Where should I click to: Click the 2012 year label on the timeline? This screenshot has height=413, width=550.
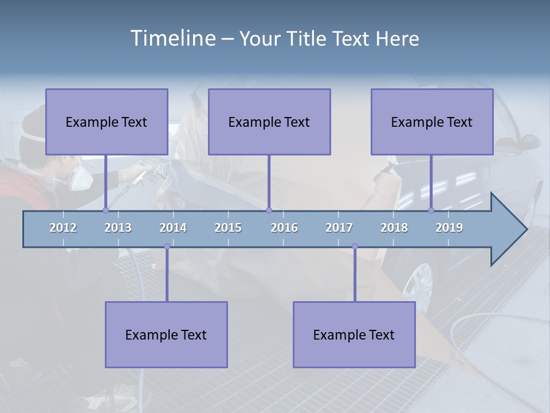click(x=63, y=228)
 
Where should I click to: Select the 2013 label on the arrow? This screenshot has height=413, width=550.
click(x=118, y=228)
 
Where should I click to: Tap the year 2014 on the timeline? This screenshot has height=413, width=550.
click(x=173, y=228)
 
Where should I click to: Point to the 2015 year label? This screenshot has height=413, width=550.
click(x=228, y=228)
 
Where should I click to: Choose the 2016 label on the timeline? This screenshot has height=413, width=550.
click(x=284, y=228)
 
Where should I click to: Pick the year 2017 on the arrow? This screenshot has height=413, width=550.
click(x=339, y=228)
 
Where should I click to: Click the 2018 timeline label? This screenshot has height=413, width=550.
click(x=394, y=228)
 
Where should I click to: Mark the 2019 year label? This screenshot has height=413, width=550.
click(x=449, y=228)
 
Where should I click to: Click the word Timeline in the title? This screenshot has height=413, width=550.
click(x=172, y=38)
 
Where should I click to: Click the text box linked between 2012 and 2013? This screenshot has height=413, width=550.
click(x=107, y=122)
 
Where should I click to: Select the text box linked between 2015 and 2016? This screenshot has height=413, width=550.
click(x=269, y=122)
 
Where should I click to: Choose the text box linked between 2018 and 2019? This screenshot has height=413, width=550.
click(x=432, y=122)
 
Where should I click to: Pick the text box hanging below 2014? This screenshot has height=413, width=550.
click(x=166, y=334)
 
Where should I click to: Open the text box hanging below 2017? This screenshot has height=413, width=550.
click(x=354, y=334)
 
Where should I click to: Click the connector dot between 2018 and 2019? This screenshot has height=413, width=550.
click(x=431, y=210)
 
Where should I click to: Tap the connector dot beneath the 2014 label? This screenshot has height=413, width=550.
click(x=167, y=247)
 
